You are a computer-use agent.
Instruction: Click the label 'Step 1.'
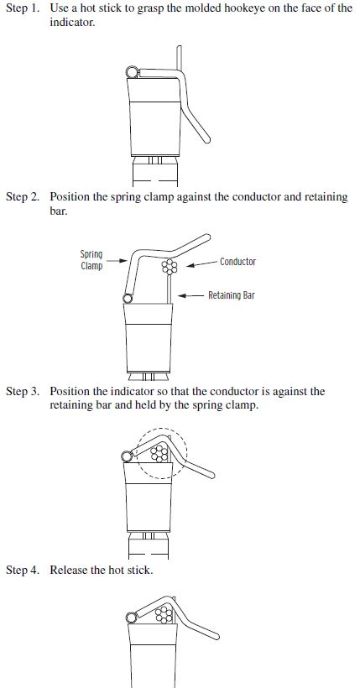coord(23,8)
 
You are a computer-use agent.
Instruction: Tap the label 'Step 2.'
coord(23,197)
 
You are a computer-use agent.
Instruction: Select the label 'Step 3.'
coord(23,391)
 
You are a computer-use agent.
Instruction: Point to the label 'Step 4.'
coord(23,570)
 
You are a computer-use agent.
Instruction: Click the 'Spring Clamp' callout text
coord(91,260)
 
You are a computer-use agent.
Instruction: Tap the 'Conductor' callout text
coord(237,262)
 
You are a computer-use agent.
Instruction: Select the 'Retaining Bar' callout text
coord(232,295)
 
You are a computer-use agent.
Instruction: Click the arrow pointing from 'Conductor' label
coord(202,263)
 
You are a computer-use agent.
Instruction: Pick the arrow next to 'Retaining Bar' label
coord(191,295)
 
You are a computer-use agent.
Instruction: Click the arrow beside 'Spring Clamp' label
coord(117,261)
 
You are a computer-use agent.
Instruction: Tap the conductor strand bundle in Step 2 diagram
coord(170,267)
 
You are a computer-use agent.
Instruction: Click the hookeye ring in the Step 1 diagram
coord(132,72)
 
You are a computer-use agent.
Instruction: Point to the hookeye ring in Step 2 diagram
coord(128,299)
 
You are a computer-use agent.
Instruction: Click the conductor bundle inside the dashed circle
coord(159,453)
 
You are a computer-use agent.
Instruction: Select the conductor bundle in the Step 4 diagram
coord(164,614)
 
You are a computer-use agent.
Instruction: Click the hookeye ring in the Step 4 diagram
coord(131,618)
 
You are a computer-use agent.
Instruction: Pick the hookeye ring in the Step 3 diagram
coord(128,456)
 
